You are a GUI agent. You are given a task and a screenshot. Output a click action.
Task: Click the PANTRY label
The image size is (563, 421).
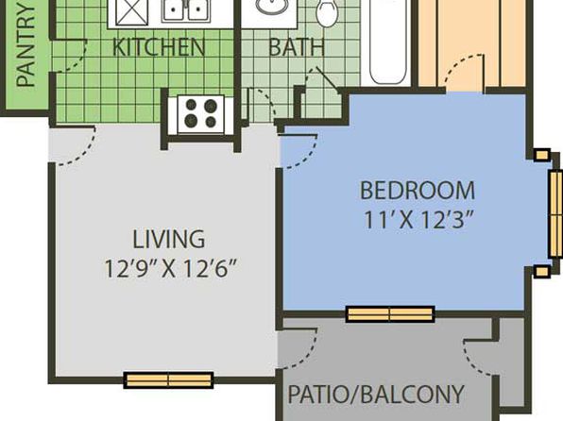tap(26, 46)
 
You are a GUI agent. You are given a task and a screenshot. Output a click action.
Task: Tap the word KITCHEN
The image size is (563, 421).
tap(159, 47)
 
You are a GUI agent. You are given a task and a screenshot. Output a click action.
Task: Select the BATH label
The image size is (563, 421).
tap(297, 47)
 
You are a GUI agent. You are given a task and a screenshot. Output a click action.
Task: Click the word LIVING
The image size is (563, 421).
tap(169, 239)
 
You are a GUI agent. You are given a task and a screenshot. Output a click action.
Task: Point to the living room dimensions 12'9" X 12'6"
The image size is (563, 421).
tap(171, 268)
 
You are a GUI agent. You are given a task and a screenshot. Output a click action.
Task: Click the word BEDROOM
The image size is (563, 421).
tap(418, 191)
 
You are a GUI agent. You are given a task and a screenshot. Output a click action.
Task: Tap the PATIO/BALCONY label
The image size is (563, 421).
tap(376, 394)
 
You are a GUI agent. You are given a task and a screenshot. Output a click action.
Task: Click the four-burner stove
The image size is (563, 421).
tap(201, 114)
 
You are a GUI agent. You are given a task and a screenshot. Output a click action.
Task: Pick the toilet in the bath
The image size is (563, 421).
tap(327, 12)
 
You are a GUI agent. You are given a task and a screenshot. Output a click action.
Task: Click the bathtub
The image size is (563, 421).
tap(388, 42)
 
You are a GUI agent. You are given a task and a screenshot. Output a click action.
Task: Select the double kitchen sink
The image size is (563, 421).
tap(186, 10)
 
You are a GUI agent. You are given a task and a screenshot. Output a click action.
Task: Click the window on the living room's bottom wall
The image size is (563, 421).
tap(168, 380)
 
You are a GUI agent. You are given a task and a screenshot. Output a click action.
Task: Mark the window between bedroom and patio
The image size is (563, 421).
tap(390, 314)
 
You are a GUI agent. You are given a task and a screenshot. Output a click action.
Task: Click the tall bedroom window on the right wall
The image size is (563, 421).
tap(555, 213)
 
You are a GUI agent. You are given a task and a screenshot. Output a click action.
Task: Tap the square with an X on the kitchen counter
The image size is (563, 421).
tap(131, 12)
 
